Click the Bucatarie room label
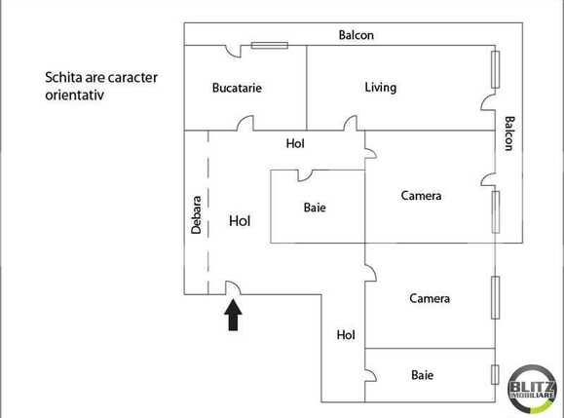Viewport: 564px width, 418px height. tap(237, 88)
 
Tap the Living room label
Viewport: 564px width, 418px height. tap(380, 88)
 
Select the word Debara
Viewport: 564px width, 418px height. tap(197, 214)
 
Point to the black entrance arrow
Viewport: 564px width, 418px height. tap(234, 315)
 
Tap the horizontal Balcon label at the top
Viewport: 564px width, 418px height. tap(356, 35)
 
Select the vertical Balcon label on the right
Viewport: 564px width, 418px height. tap(509, 133)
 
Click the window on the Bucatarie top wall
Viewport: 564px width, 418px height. tap(269, 44)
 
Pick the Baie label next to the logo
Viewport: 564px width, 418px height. tap(422, 374)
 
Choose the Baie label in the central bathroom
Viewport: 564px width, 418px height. tap(315, 208)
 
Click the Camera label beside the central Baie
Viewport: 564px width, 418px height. tap(421, 196)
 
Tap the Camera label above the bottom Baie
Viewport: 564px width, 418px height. tap(429, 298)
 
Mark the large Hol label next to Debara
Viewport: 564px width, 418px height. tap(240, 221)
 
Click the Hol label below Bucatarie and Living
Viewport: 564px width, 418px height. tap(295, 143)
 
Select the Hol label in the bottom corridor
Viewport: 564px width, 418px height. tap(345, 334)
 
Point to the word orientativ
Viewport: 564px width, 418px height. tap(74, 95)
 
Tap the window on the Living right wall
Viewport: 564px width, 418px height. tap(496, 69)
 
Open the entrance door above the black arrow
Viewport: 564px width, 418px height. tap(234, 288)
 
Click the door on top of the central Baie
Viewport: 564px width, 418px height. tap(305, 174)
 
